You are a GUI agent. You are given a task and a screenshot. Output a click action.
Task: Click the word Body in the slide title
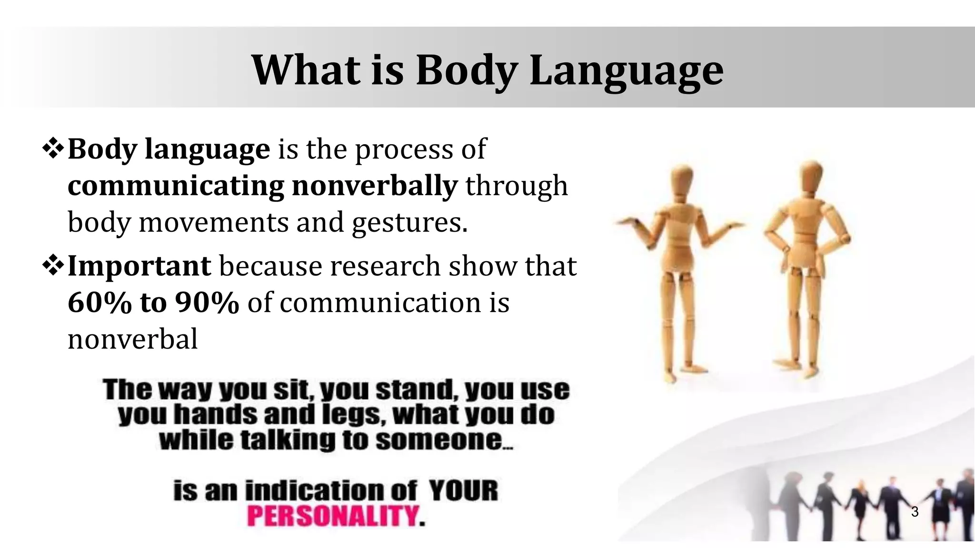coord(467,70)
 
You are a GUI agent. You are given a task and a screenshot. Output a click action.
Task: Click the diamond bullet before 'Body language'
coord(54,149)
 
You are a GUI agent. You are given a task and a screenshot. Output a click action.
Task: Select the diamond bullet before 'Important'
coord(54,266)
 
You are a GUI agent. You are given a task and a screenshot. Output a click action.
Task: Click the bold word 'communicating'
coord(176,186)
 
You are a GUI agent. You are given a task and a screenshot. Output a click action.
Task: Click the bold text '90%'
coord(207,303)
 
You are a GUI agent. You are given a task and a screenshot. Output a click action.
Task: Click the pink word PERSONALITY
coord(333,516)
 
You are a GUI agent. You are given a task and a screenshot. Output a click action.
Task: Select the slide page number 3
coord(915,512)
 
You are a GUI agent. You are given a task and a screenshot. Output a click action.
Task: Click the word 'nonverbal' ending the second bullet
coord(132,340)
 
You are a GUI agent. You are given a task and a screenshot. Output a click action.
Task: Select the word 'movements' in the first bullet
coord(213,223)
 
